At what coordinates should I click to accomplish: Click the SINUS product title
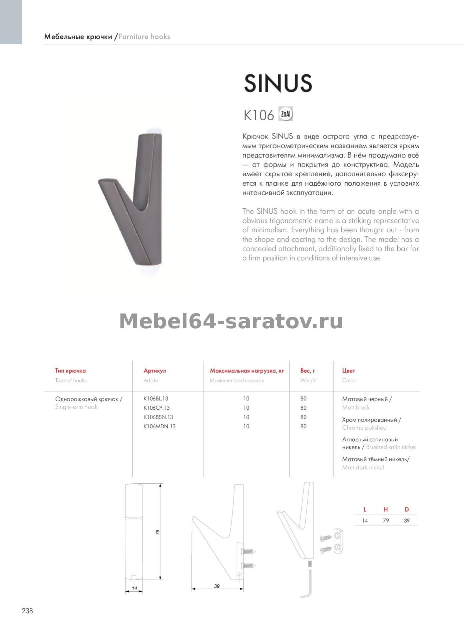point(278,83)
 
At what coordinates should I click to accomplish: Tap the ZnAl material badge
point(286,115)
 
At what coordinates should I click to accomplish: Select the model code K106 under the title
point(259,116)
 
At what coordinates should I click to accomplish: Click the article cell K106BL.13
point(156,399)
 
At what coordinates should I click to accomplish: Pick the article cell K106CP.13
point(156,408)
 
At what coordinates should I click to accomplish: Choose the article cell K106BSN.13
point(158,417)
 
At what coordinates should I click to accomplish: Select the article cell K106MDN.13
point(159,426)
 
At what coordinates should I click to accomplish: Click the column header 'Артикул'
point(154,371)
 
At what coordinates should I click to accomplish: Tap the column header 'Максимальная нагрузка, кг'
point(247,371)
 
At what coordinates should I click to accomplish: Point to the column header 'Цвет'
point(349,371)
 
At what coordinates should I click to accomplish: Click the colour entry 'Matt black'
point(356,407)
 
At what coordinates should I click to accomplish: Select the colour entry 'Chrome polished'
point(364,428)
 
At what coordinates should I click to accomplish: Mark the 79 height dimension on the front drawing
point(157,532)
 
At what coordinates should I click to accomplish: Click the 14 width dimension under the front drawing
point(134,588)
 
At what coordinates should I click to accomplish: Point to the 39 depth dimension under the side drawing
point(217,586)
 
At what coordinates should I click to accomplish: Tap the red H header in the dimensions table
point(386,509)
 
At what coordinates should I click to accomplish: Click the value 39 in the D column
point(407,520)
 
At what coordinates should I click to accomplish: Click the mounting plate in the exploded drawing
point(339,541)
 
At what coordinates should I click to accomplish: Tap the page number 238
point(27,611)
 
